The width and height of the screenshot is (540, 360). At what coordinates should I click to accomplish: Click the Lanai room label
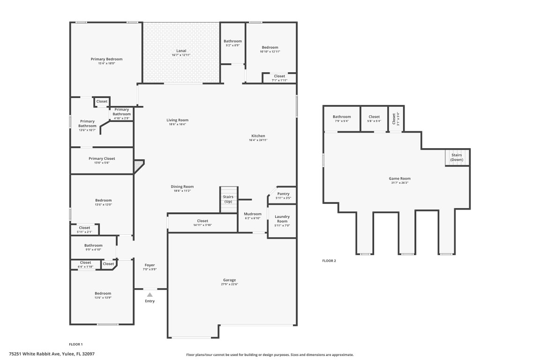pyautogui.click(x=181, y=51)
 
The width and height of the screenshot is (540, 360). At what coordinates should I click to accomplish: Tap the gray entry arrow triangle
pyautogui.click(x=150, y=295)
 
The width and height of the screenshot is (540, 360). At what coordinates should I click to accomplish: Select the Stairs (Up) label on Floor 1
pyautogui.click(x=228, y=199)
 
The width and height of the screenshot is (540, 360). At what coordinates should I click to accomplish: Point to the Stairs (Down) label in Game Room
pyautogui.click(x=457, y=157)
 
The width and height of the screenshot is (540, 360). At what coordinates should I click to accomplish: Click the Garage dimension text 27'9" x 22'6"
pyautogui.click(x=229, y=285)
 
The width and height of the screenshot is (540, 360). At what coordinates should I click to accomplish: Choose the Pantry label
pyautogui.click(x=283, y=194)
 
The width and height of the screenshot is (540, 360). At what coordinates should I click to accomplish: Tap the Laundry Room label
pyautogui.click(x=282, y=219)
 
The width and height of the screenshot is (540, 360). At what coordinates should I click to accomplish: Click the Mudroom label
pyautogui.click(x=253, y=214)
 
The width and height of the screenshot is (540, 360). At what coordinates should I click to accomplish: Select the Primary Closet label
pyautogui.click(x=102, y=158)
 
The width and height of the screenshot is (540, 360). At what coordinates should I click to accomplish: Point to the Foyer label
pyautogui.click(x=150, y=265)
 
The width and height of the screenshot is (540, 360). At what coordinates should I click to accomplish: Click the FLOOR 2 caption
pyautogui.click(x=329, y=261)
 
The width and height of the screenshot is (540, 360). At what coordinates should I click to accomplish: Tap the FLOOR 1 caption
pyautogui.click(x=75, y=344)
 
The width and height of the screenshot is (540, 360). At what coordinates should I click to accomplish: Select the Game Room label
pyautogui.click(x=399, y=179)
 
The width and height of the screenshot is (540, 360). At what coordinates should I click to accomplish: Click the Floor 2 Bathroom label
pyautogui.click(x=342, y=117)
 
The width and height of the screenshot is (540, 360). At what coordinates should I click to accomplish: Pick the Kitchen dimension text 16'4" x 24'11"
pyautogui.click(x=258, y=140)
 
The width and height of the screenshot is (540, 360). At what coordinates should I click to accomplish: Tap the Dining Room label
pyautogui.click(x=182, y=187)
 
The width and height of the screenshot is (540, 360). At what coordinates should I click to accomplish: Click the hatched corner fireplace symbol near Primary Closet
pyautogui.click(x=139, y=165)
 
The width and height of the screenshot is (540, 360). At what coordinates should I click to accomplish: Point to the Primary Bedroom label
pyautogui.click(x=106, y=59)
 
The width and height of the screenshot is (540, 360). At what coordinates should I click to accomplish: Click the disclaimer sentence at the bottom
pyautogui.click(x=270, y=355)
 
